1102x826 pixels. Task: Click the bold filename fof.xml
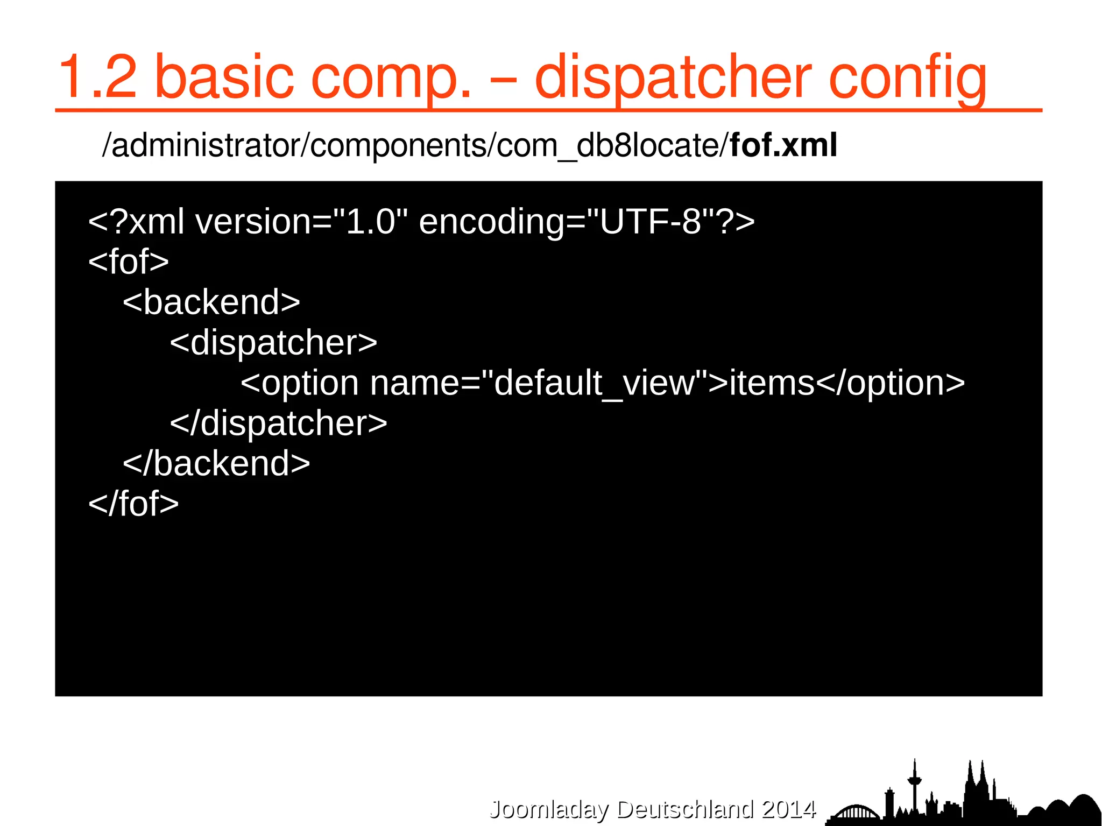pos(783,145)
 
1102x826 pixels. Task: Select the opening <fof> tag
pos(129,262)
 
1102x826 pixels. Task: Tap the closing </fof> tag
pos(133,504)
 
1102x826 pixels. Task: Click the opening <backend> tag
pos(211,302)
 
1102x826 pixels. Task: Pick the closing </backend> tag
pos(216,463)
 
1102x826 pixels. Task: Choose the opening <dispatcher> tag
pos(273,342)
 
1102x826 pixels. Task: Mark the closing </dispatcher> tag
pos(278,423)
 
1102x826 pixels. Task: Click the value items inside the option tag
pos(772,383)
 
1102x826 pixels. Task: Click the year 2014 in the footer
pos(789,809)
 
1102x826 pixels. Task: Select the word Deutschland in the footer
pos(686,809)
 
